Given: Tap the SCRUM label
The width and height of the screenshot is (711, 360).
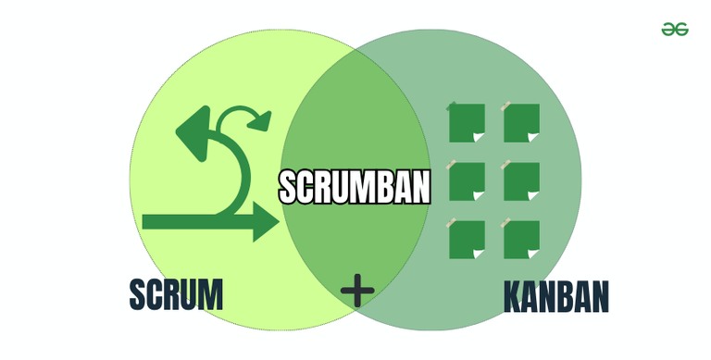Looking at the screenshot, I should [x=176, y=294].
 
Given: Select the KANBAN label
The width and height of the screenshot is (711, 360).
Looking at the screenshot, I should [x=556, y=297].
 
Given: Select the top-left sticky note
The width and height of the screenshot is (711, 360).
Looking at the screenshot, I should [x=467, y=122].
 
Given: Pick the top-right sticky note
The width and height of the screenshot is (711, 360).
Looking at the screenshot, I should [x=522, y=122].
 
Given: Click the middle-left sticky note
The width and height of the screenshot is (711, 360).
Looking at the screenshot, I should [x=467, y=180].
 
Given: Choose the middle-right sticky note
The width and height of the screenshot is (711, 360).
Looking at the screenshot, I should [x=522, y=180].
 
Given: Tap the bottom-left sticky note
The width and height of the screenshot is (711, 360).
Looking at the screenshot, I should [x=467, y=239].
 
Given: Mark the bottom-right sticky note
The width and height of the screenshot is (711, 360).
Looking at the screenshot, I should [x=522, y=239].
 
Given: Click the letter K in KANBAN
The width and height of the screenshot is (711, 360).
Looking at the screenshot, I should [x=513, y=297].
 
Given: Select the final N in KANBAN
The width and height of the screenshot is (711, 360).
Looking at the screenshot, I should [x=600, y=297].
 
